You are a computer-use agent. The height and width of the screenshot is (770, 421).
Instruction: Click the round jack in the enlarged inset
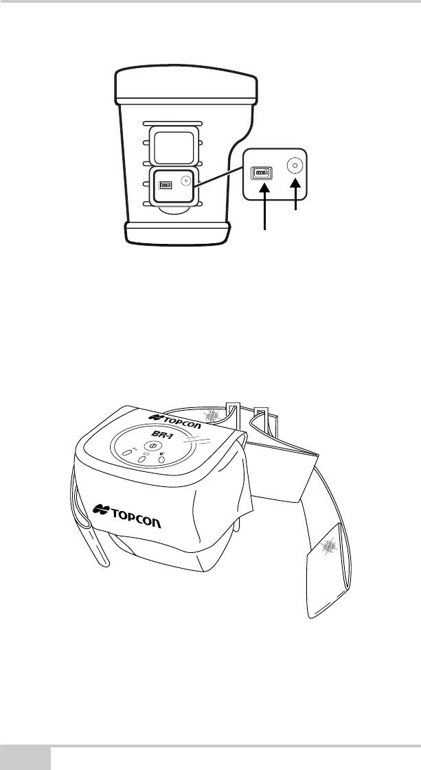pyautogui.click(x=296, y=166)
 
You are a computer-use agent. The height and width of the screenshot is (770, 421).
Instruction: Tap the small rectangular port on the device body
pyautogui.click(x=165, y=185)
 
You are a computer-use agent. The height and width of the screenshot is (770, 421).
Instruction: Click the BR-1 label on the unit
pyautogui.click(x=160, y=435)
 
